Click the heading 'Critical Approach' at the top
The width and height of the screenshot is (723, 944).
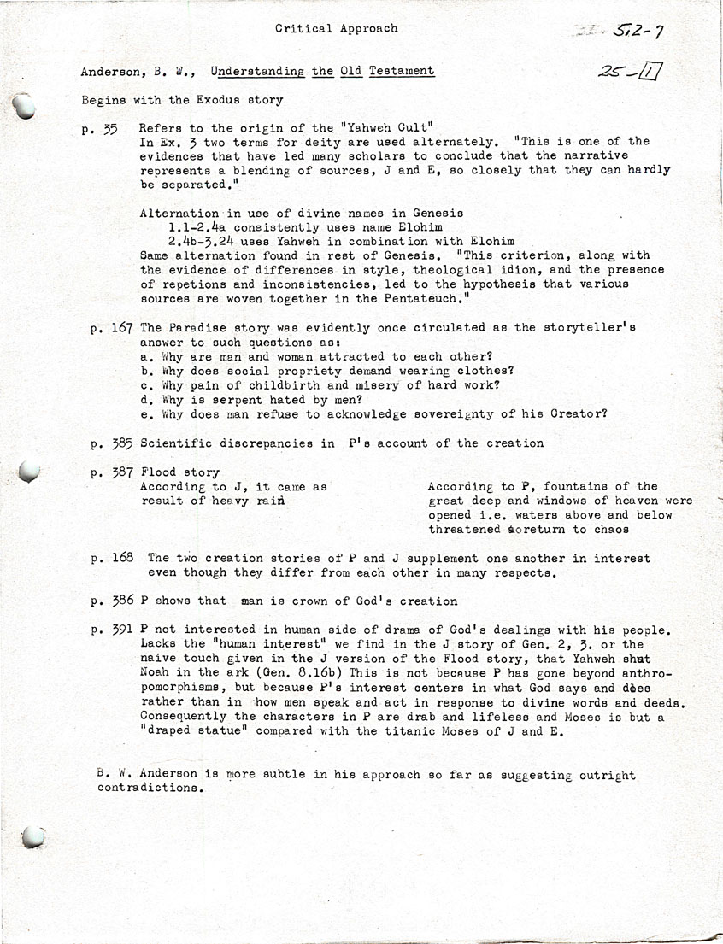pos(336,28)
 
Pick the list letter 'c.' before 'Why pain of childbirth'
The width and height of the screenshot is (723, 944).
pos(145,385)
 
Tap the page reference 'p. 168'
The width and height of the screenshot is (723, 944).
pos(113,559)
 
